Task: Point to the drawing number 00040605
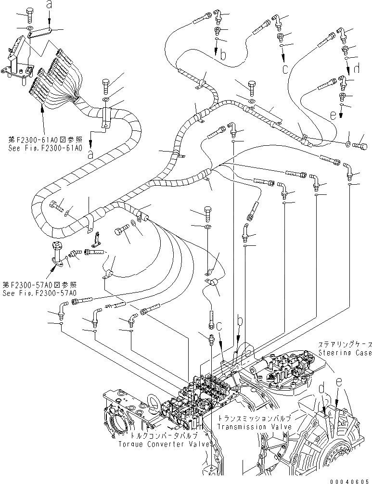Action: pos(349,480)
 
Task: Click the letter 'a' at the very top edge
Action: pos(48,5)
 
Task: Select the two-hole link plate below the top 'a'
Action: pos(40,34)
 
